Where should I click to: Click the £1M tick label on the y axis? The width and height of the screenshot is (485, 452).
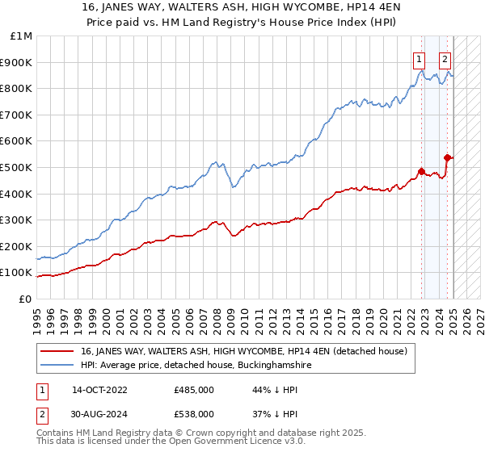tap(22, 36)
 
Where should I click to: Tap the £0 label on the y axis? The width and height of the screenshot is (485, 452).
tap(26, 299)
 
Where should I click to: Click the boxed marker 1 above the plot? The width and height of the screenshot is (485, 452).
tap(420, 57)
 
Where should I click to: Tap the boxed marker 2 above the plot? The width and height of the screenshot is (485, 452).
tap(445, 57)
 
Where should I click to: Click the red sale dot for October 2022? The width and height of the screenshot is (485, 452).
tap(421, 171)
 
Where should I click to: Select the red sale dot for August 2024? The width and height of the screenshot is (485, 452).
tap(447, 157)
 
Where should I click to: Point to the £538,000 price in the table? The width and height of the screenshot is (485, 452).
tap(193, 413)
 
